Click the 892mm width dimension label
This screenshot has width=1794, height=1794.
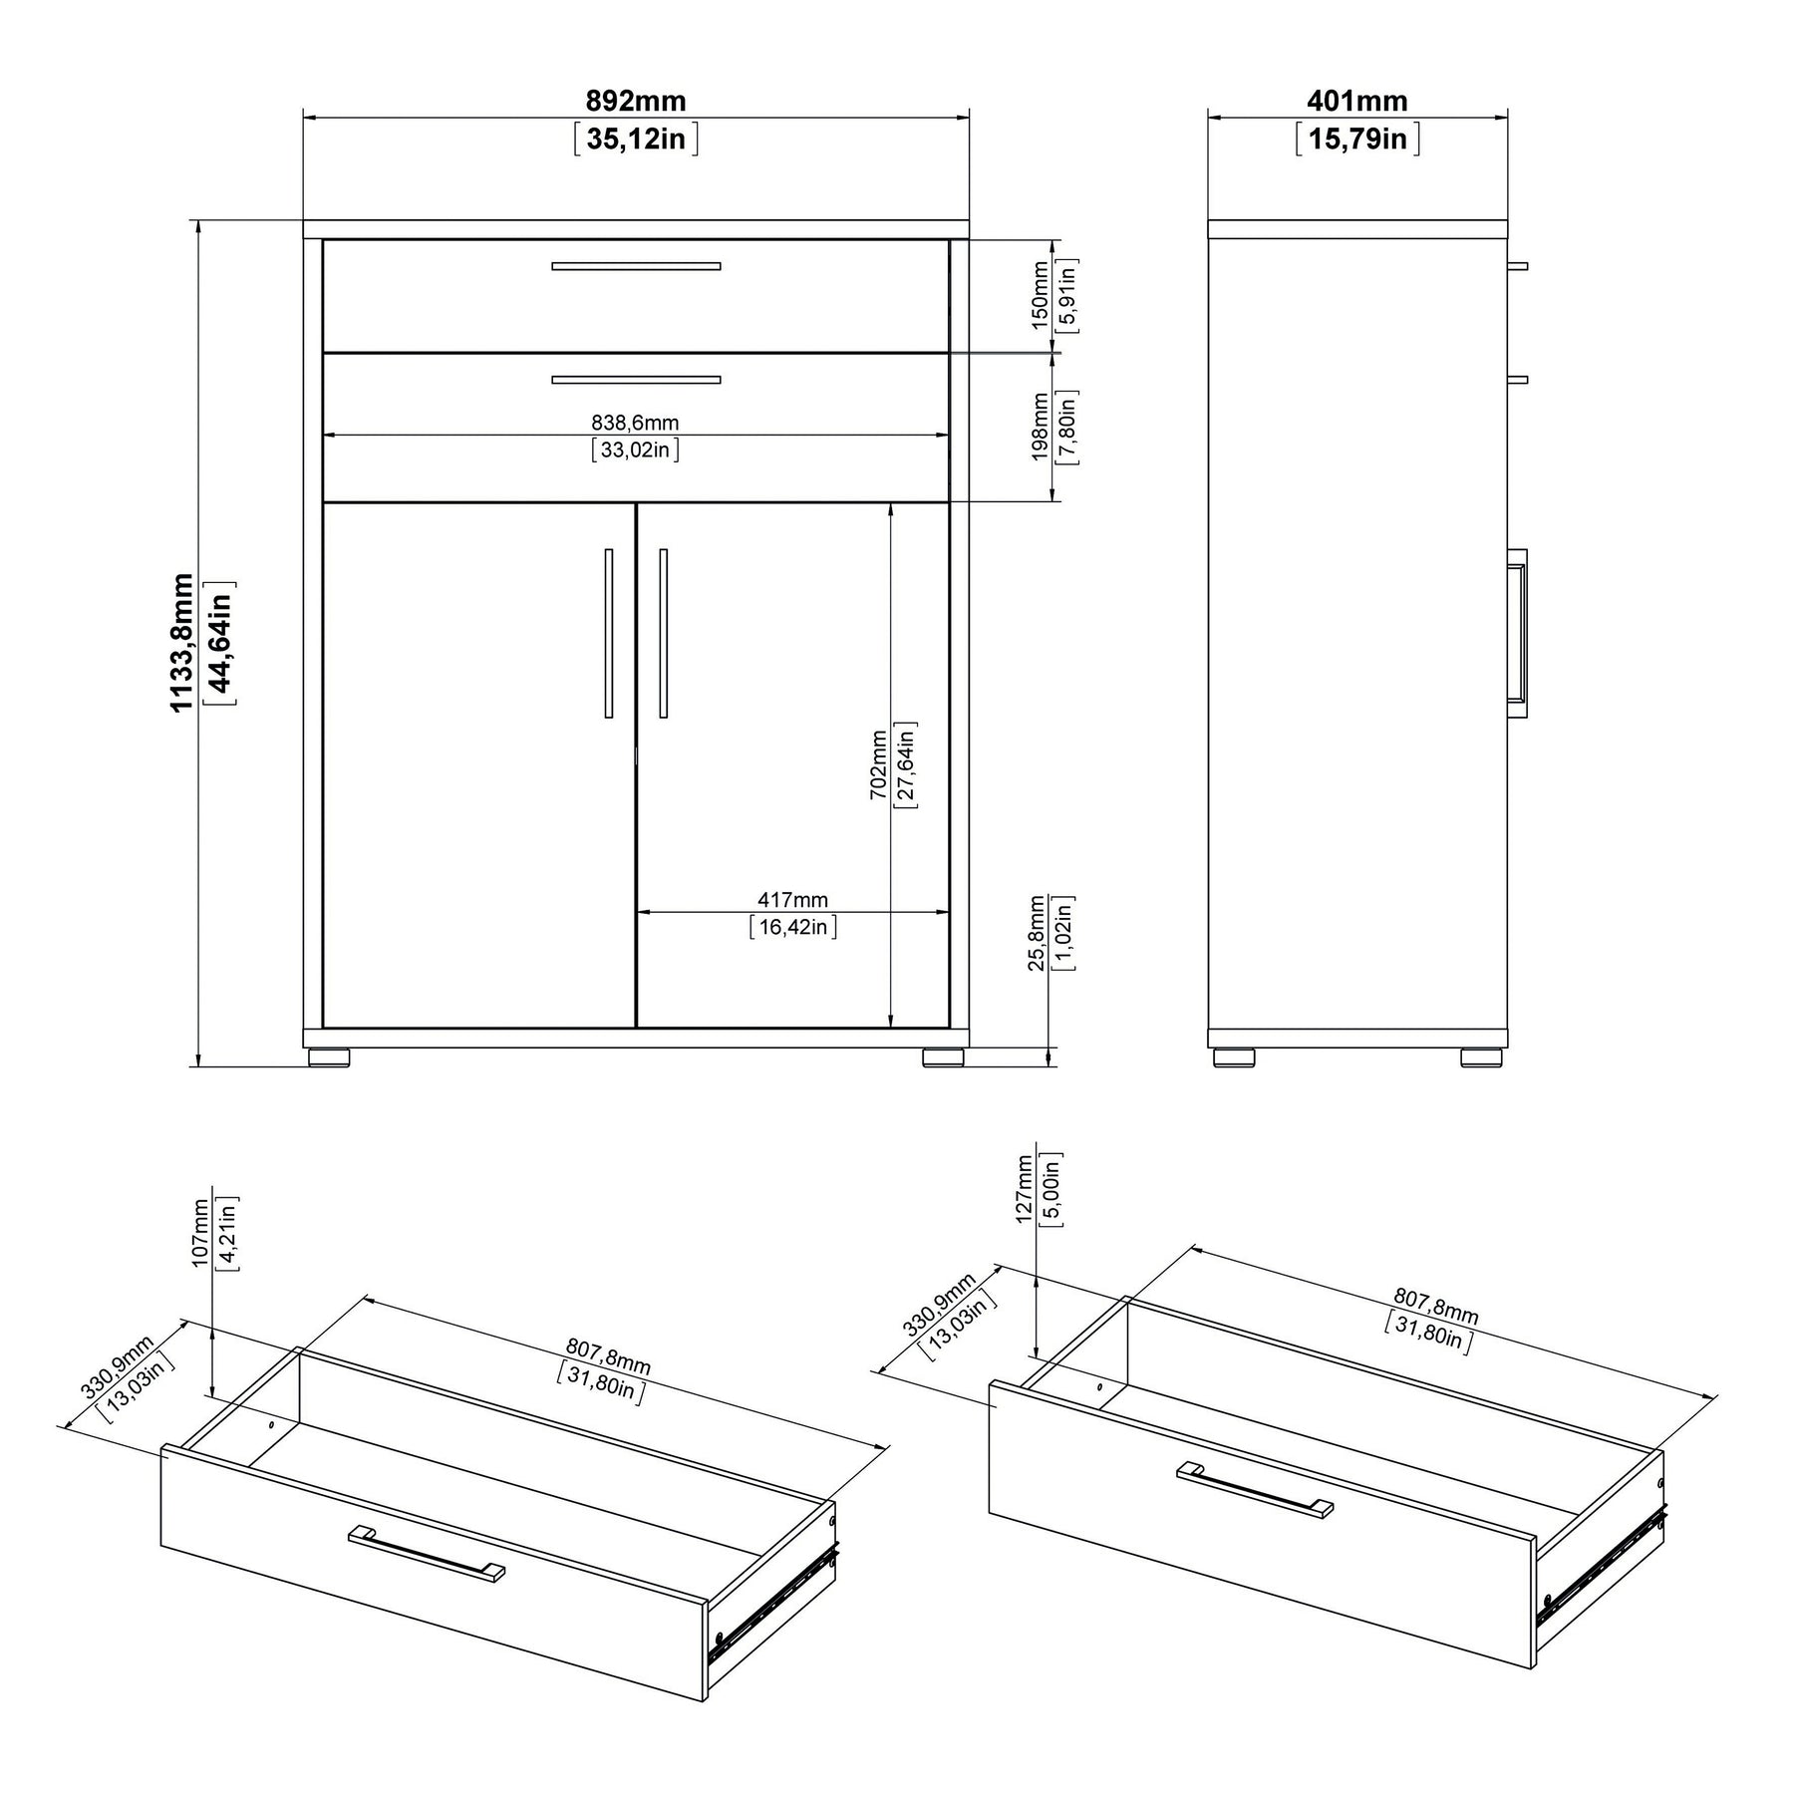[x=636, y=101]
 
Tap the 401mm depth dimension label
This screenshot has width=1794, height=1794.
[x=1357, y=101]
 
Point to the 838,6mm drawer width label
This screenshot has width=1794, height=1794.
[x=636, y=423]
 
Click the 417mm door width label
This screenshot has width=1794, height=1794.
[x=792, y=900]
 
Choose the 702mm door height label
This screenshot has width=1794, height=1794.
[x=878, y=764]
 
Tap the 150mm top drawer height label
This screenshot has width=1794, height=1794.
[x=1041, y=295]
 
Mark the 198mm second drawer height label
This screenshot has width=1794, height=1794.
[x=1041, y=428]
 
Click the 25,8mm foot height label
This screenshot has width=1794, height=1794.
[x=1038, y=932]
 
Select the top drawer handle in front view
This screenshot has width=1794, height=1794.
[x=636, y=266]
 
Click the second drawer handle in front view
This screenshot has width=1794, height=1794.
[x=636, y=380]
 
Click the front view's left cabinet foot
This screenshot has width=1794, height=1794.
[x=329, y=1056]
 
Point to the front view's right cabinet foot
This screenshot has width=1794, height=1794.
[x=943, y=1056]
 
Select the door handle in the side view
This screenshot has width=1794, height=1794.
[x=1517, y=633]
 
